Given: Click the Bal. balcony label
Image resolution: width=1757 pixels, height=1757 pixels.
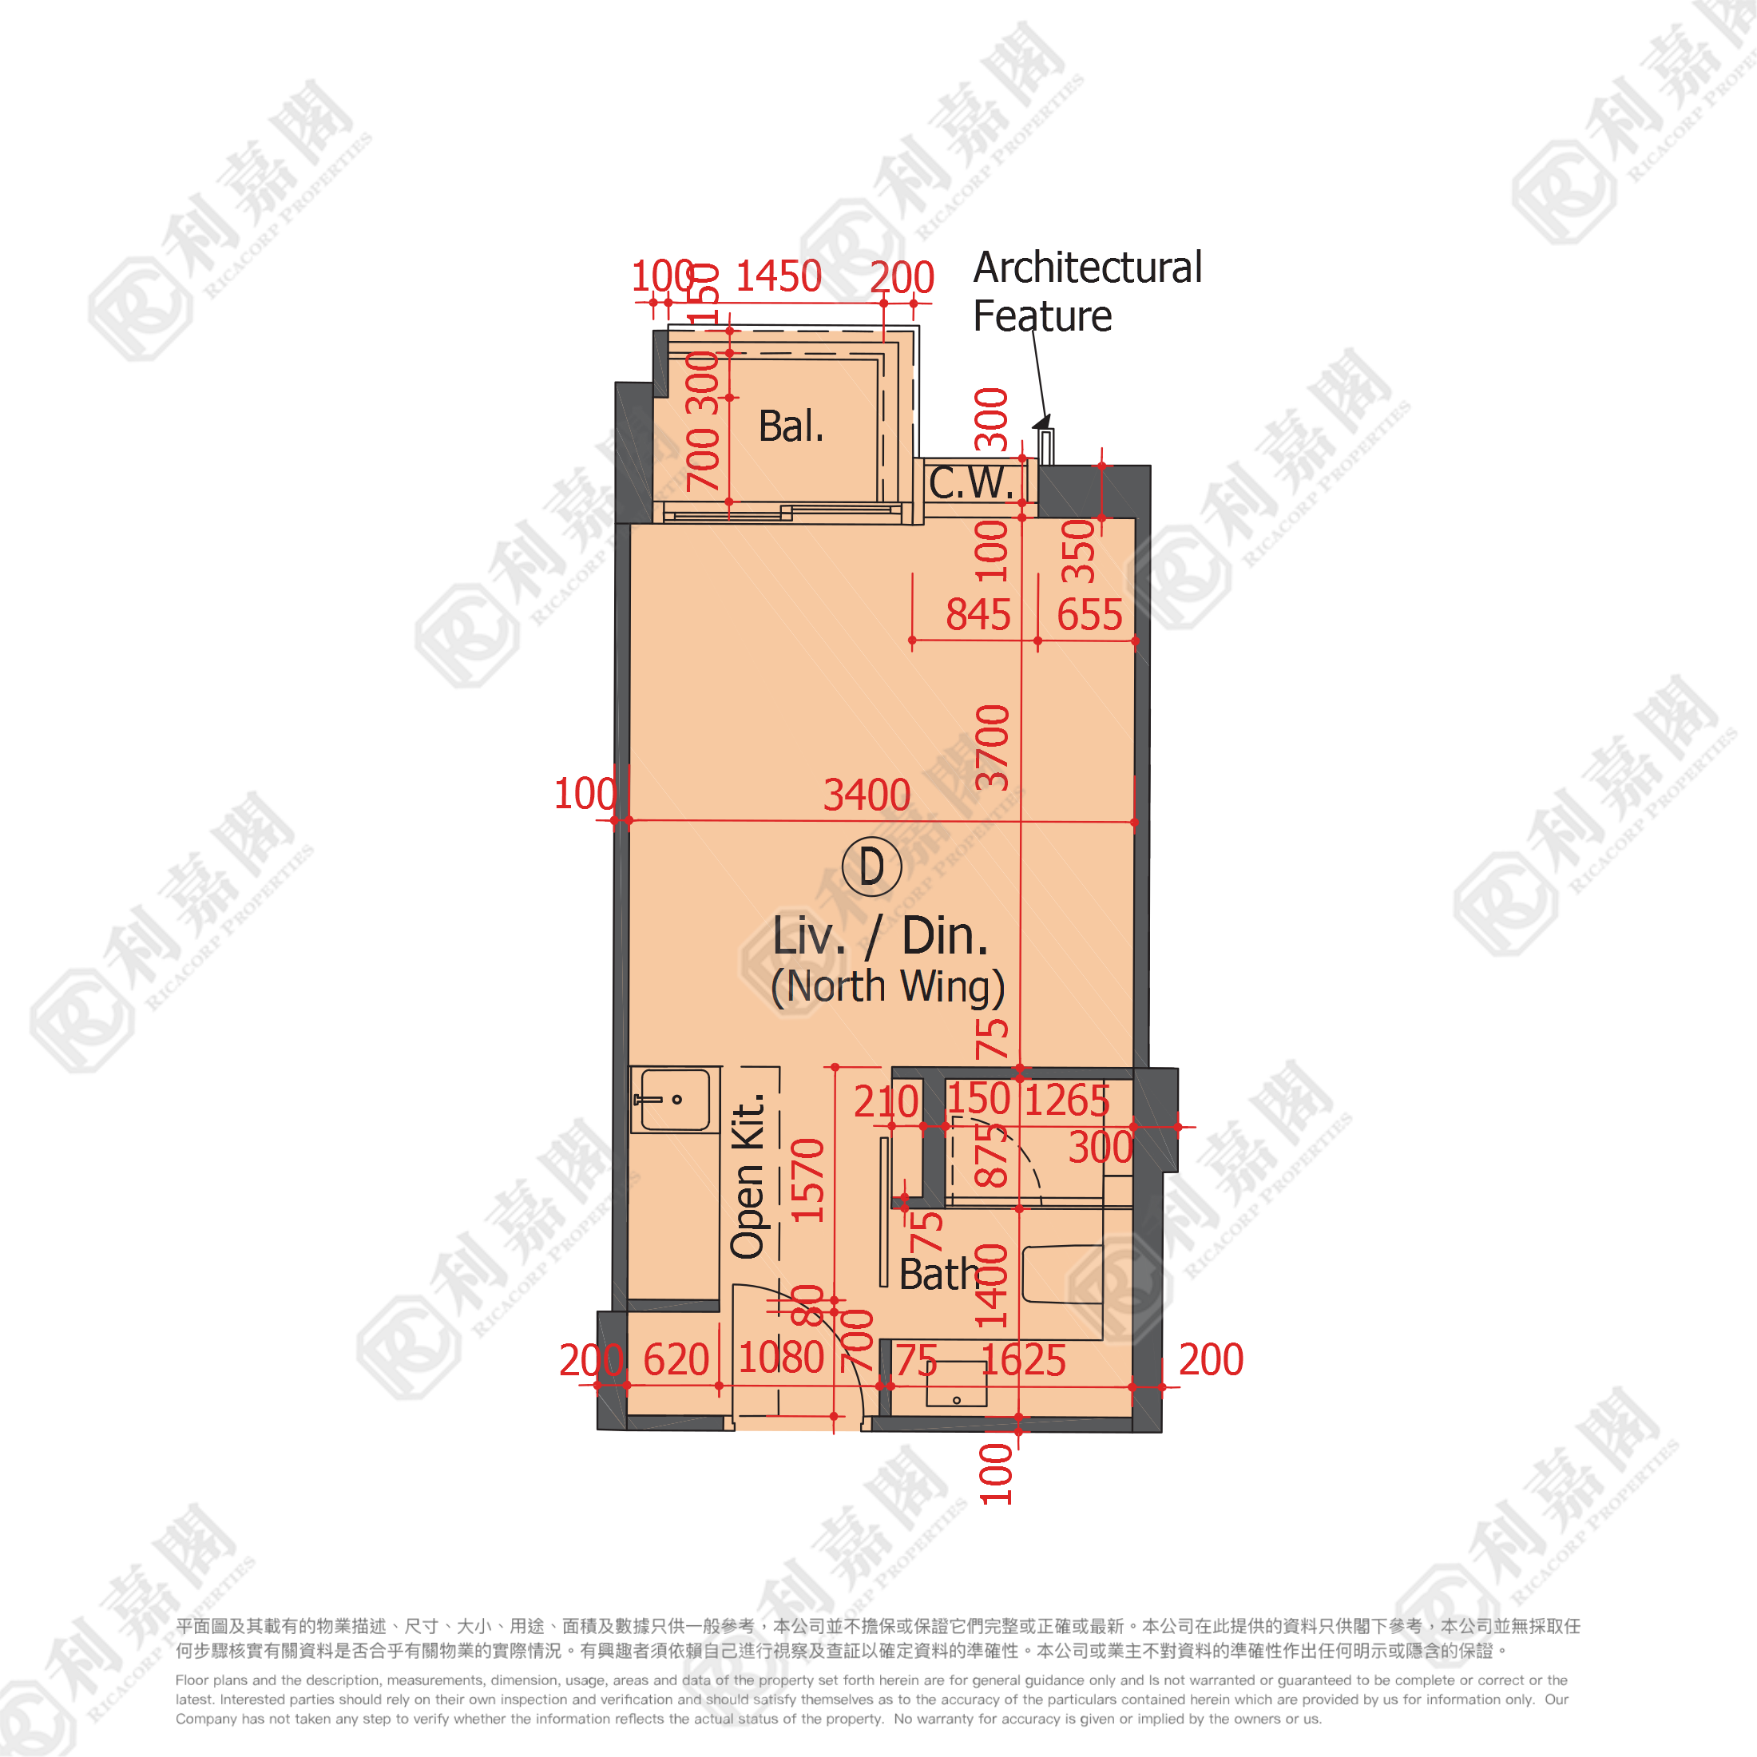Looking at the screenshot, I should (791, 426).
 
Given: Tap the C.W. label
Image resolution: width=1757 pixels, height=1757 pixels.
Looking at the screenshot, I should (970, 483).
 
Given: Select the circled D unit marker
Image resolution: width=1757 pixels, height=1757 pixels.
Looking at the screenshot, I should (871, 867).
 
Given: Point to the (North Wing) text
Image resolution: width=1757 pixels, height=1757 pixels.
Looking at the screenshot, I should (887, 987).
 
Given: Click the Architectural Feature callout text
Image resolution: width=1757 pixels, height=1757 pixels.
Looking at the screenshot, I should (1087, 291).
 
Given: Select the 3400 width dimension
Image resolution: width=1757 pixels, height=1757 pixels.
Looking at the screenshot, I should (866, 795).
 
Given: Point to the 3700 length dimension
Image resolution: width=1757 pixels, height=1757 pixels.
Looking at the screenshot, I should (992, 748).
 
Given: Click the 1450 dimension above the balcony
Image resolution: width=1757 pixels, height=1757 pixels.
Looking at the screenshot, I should (778, 276).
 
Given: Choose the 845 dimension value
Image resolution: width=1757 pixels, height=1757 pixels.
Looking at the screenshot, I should (978, 615).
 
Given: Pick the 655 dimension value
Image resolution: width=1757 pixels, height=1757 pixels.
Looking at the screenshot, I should (1089, 615).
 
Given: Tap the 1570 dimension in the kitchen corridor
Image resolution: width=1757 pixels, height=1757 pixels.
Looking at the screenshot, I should (808, 1180).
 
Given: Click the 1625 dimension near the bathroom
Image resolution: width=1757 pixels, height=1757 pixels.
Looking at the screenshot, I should (1023, 1361).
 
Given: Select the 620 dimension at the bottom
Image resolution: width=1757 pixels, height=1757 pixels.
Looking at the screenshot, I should (676, 1361).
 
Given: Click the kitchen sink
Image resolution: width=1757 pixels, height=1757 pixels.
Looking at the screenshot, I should (674, 1100).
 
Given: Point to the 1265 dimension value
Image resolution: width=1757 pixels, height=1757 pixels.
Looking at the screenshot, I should (1067, 1101).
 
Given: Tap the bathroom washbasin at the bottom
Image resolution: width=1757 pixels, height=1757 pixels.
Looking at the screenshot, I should (956, 1383).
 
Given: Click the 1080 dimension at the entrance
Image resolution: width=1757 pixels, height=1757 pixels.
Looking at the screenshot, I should (780, 1358).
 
